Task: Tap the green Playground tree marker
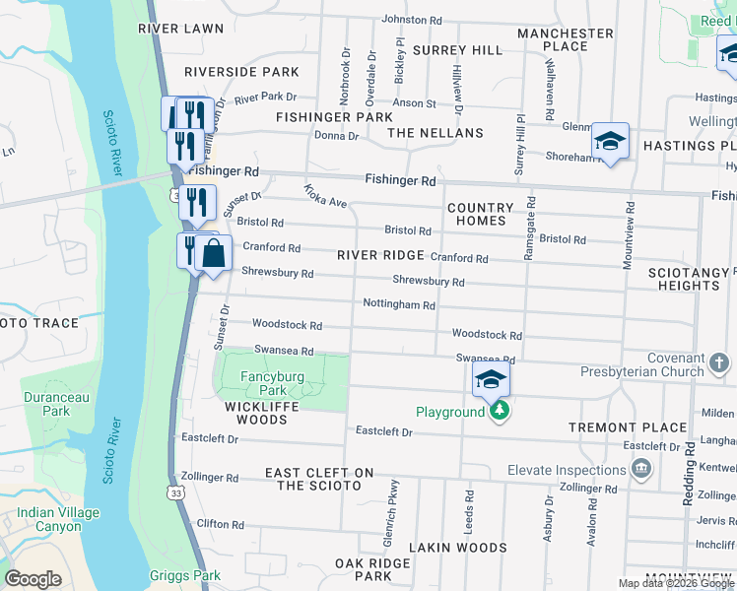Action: click(x=501, y=411)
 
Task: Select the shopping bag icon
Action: click(x=213, y=254)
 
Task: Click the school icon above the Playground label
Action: click(x=491, y=378)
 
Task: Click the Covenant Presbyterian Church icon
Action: click(x=719, y=364)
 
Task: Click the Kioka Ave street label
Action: click(x=325, y=196)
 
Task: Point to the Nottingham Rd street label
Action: click(x=399, y=305)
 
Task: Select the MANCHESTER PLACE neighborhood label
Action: click(x=565, y=39)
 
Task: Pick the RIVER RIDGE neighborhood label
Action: click(x=380, y=255)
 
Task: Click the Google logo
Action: click(x=33, y=579)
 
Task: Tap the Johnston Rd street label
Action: click(x=412, y=20)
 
